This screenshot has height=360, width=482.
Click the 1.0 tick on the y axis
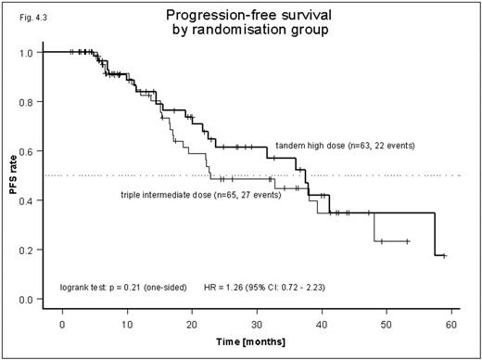[30, 52]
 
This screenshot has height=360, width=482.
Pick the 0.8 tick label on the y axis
[30, 101]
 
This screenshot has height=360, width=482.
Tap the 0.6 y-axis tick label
[30, 151]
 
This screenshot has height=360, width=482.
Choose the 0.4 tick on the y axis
[30, 200]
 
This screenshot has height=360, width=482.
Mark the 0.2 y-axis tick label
[30, 250]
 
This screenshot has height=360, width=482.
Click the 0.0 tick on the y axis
[30, 300]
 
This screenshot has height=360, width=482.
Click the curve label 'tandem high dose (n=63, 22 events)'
[345, 146]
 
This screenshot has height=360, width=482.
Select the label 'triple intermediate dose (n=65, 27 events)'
[199, 194]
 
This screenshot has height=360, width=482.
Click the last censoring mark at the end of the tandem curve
[444, 255]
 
